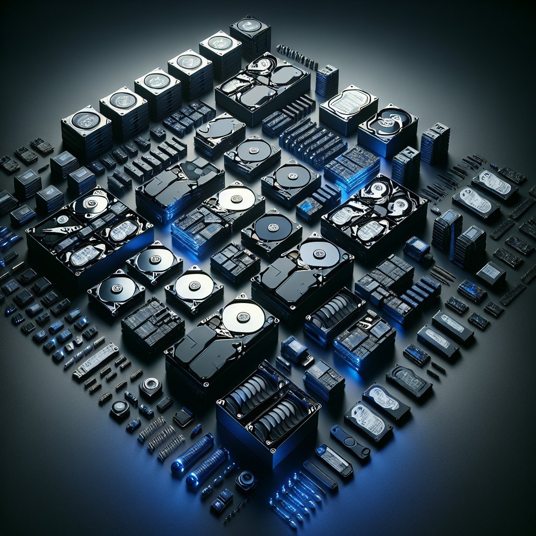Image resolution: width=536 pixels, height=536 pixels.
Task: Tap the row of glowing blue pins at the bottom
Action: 293,495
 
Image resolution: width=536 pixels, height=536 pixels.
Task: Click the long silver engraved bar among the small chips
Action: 95,361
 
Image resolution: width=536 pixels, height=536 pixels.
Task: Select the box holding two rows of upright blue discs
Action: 267,408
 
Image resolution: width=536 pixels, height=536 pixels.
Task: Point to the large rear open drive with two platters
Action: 263,86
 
